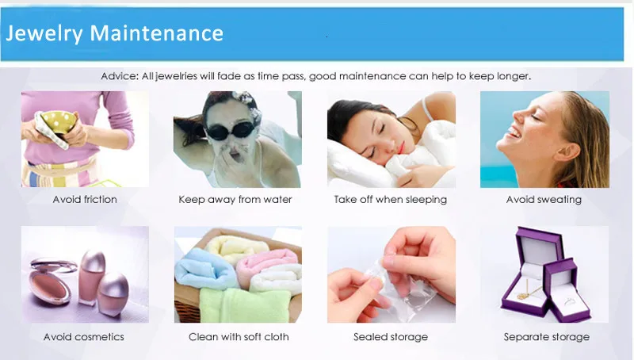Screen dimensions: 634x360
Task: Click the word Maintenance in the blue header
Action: pos(156,33)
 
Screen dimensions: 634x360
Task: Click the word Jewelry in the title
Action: pos(44,34)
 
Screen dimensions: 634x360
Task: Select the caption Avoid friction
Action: pos(85,199)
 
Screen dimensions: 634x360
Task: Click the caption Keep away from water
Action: pos(235,199)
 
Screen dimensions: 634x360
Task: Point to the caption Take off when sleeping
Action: pos(391,199)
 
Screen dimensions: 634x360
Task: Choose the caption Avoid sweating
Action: pos(544,199)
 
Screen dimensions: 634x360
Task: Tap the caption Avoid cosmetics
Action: pos(84,337)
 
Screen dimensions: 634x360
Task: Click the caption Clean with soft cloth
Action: pos(239,337)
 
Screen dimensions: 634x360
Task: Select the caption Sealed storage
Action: pos(391,337)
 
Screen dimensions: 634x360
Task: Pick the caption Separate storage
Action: pos(547,337)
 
